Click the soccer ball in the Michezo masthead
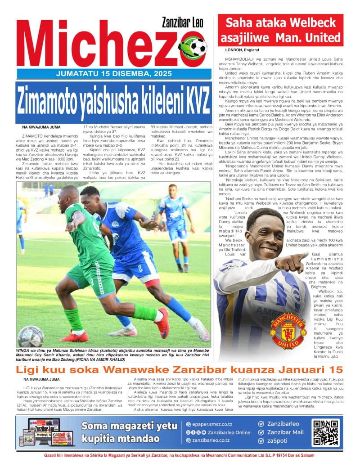198,47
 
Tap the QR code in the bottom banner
326,433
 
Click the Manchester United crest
288,330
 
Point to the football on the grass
31,336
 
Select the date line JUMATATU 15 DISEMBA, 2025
112,74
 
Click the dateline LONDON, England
239,50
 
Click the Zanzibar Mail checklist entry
285,432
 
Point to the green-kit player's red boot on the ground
74,336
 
